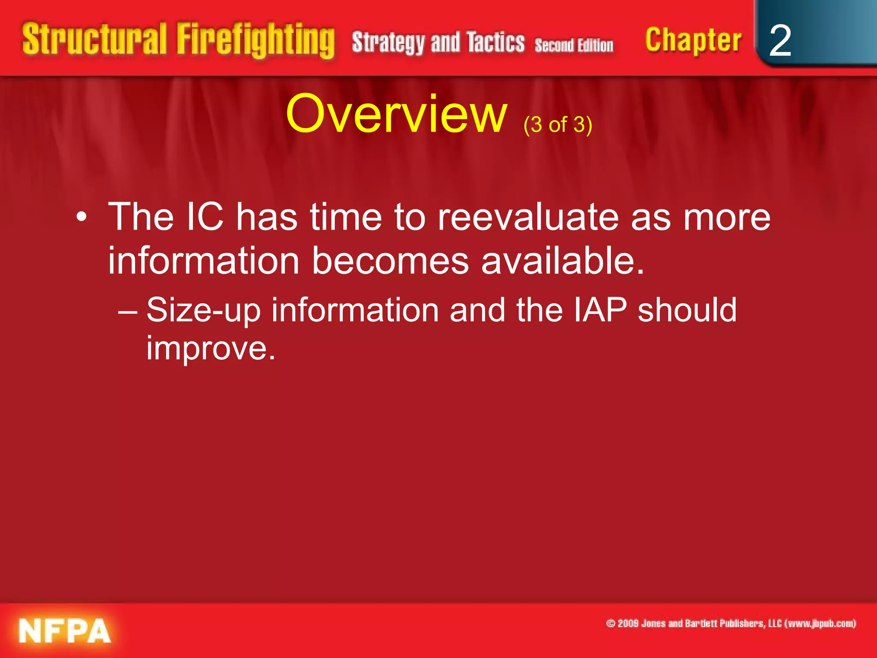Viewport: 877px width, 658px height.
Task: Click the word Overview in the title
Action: pyautogui.click(x=396, y=114)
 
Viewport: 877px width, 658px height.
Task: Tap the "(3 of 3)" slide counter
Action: pyautogui.click(x=558, y=125)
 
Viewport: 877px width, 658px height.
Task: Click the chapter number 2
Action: pyautogui.click(x=780, y=40)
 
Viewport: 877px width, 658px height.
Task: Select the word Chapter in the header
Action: pyautogui.click(x=693, y=40)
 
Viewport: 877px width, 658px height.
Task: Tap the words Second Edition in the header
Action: pyautogui.click(x=574, y=45)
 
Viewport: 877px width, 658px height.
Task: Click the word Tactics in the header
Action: pyautogui.click(x=495, y=42)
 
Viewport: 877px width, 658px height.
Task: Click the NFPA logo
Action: pyautogui.click(x=65, y=631)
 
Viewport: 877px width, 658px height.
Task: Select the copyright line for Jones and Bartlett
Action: pyautogui.click(x=731, y=623)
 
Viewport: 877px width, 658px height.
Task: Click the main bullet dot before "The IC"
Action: pyautogui.click(x=81, y=218)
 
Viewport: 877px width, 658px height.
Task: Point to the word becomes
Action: pyautogui.click(x=390, y=260)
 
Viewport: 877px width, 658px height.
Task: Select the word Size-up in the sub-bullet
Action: pyautogui.click(x=203, y=311)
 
